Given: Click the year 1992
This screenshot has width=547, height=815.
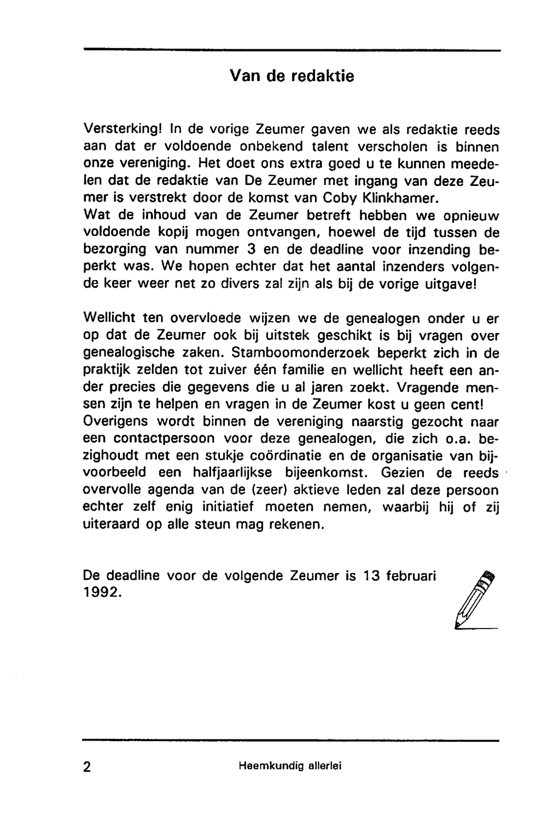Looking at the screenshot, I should point(102,592).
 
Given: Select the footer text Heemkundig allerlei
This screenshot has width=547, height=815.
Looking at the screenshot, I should point(290,766).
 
